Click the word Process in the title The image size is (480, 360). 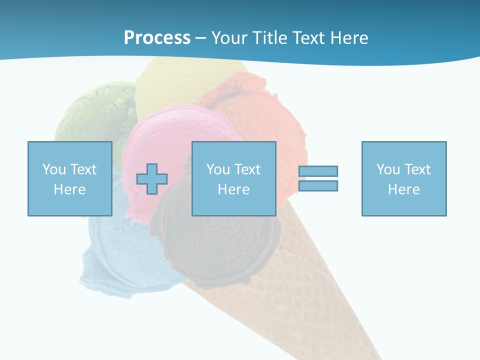point(157,38)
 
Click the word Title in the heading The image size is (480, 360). point(268,38)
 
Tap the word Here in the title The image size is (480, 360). point(348,38)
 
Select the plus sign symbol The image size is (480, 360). point(152,179)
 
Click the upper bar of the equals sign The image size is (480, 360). point(318,171)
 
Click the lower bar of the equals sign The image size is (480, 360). point(318,186)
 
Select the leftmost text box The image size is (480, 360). point(70,178)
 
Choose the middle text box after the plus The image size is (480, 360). point(234,178)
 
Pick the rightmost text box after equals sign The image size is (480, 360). point(404,178)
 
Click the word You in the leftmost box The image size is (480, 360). point(54,169)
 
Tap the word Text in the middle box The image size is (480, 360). point(247,169)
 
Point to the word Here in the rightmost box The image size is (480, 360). point(404,189)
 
